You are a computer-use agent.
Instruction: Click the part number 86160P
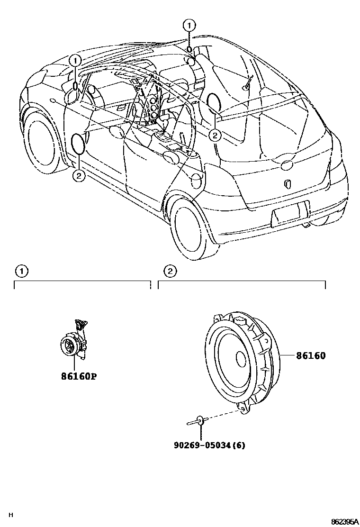[x=79, y=377]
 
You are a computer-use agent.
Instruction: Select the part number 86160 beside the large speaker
[x=311, y=356]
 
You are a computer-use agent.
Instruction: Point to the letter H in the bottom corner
[x=11, y=515]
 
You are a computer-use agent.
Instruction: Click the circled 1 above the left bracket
[x=20, y=271]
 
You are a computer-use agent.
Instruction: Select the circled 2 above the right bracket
[x=170, y=271]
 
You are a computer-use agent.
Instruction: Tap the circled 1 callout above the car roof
[x=189, y=25]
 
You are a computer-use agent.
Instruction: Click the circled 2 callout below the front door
[x=78, y=176]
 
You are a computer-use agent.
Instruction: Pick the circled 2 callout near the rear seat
[x=215, y=136]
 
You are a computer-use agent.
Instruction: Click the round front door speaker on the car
[x=77, y=143]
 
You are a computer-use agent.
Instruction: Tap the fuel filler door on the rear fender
[x=197, y=179]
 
